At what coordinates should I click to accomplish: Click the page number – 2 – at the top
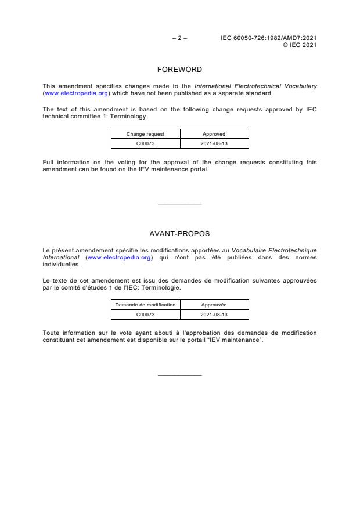coord(179,38)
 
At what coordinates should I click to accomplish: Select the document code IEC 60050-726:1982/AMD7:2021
coord(268,38)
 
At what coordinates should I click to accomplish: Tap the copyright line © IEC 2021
coord(299,45)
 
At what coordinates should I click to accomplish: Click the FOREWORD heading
coord(179,70)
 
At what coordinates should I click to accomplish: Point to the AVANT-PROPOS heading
coord(179,234)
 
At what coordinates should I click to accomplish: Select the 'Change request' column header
coord(146,134)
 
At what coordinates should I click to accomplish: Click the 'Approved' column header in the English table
coord(214,134)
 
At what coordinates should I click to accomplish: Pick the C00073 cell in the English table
coord(146,143)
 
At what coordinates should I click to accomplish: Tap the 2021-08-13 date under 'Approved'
coord(214,143)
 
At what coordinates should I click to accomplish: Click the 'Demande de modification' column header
coord(146,305)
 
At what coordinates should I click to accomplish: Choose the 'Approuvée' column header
coord(214,305)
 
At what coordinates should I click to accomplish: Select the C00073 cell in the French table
coord(146,314)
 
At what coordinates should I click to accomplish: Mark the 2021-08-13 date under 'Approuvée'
coord(214,314)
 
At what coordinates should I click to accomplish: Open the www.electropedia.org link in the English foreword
coord(77,93)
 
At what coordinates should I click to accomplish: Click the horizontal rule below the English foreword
coord(179,204)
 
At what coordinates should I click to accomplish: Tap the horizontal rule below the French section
coord(179,375)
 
